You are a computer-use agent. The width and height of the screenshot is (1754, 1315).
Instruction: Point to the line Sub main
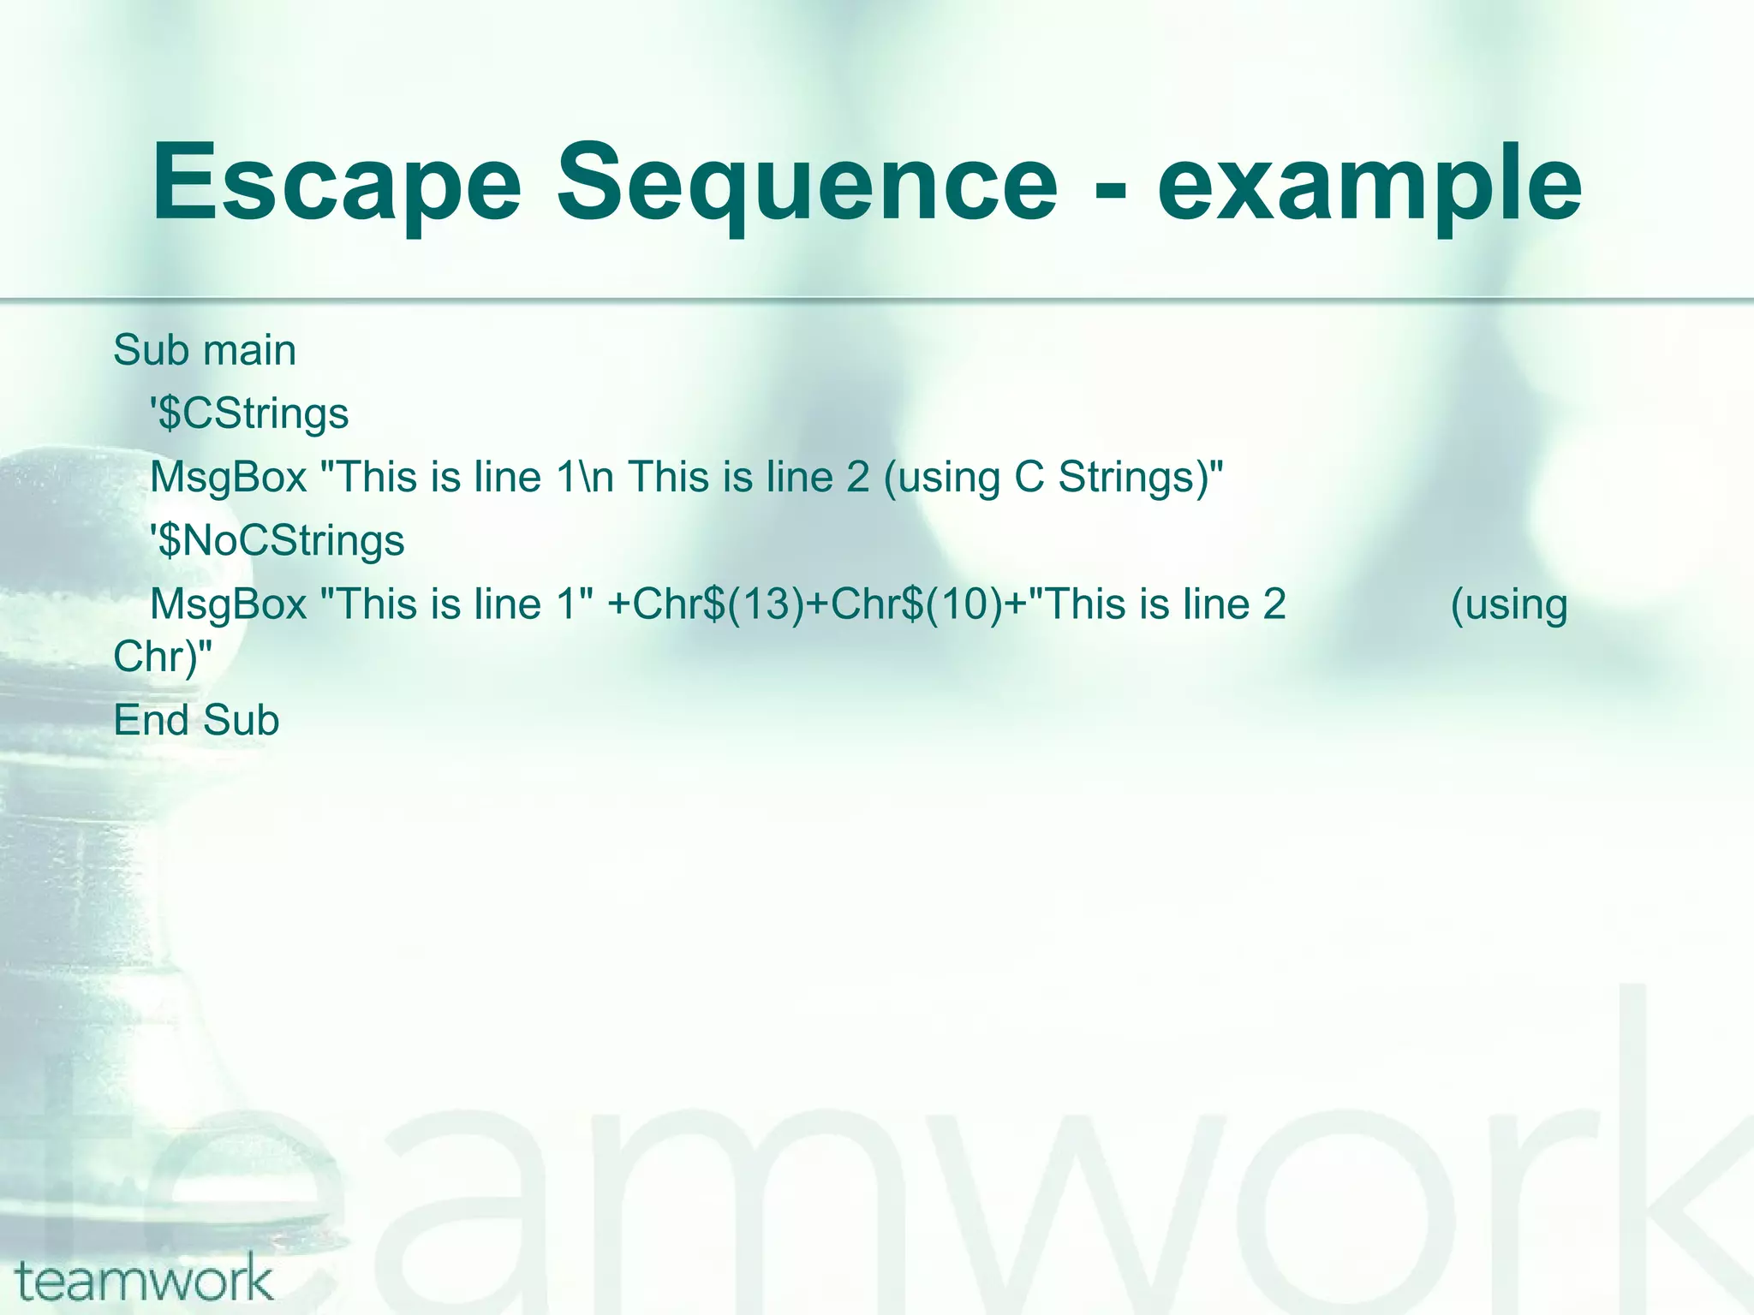click(x=205, y=350)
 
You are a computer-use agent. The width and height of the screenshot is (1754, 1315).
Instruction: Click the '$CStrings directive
click(x=249, y=414)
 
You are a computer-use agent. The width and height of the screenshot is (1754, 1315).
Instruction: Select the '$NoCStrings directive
click(x=277, y=541)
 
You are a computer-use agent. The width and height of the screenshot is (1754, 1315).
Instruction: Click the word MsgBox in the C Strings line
click(x=228, y=478)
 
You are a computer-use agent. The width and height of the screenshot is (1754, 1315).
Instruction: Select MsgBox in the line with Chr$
click(x=228, y=604)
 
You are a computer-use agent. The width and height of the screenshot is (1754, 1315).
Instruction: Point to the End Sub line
click(x=196, y=720)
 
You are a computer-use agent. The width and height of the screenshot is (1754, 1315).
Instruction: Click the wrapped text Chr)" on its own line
click(x=162, y=657)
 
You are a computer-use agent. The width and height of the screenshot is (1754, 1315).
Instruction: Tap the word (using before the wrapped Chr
click(x=1509, y=604)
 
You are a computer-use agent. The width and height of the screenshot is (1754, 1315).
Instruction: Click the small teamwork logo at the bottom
click(x=143, y=1278)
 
